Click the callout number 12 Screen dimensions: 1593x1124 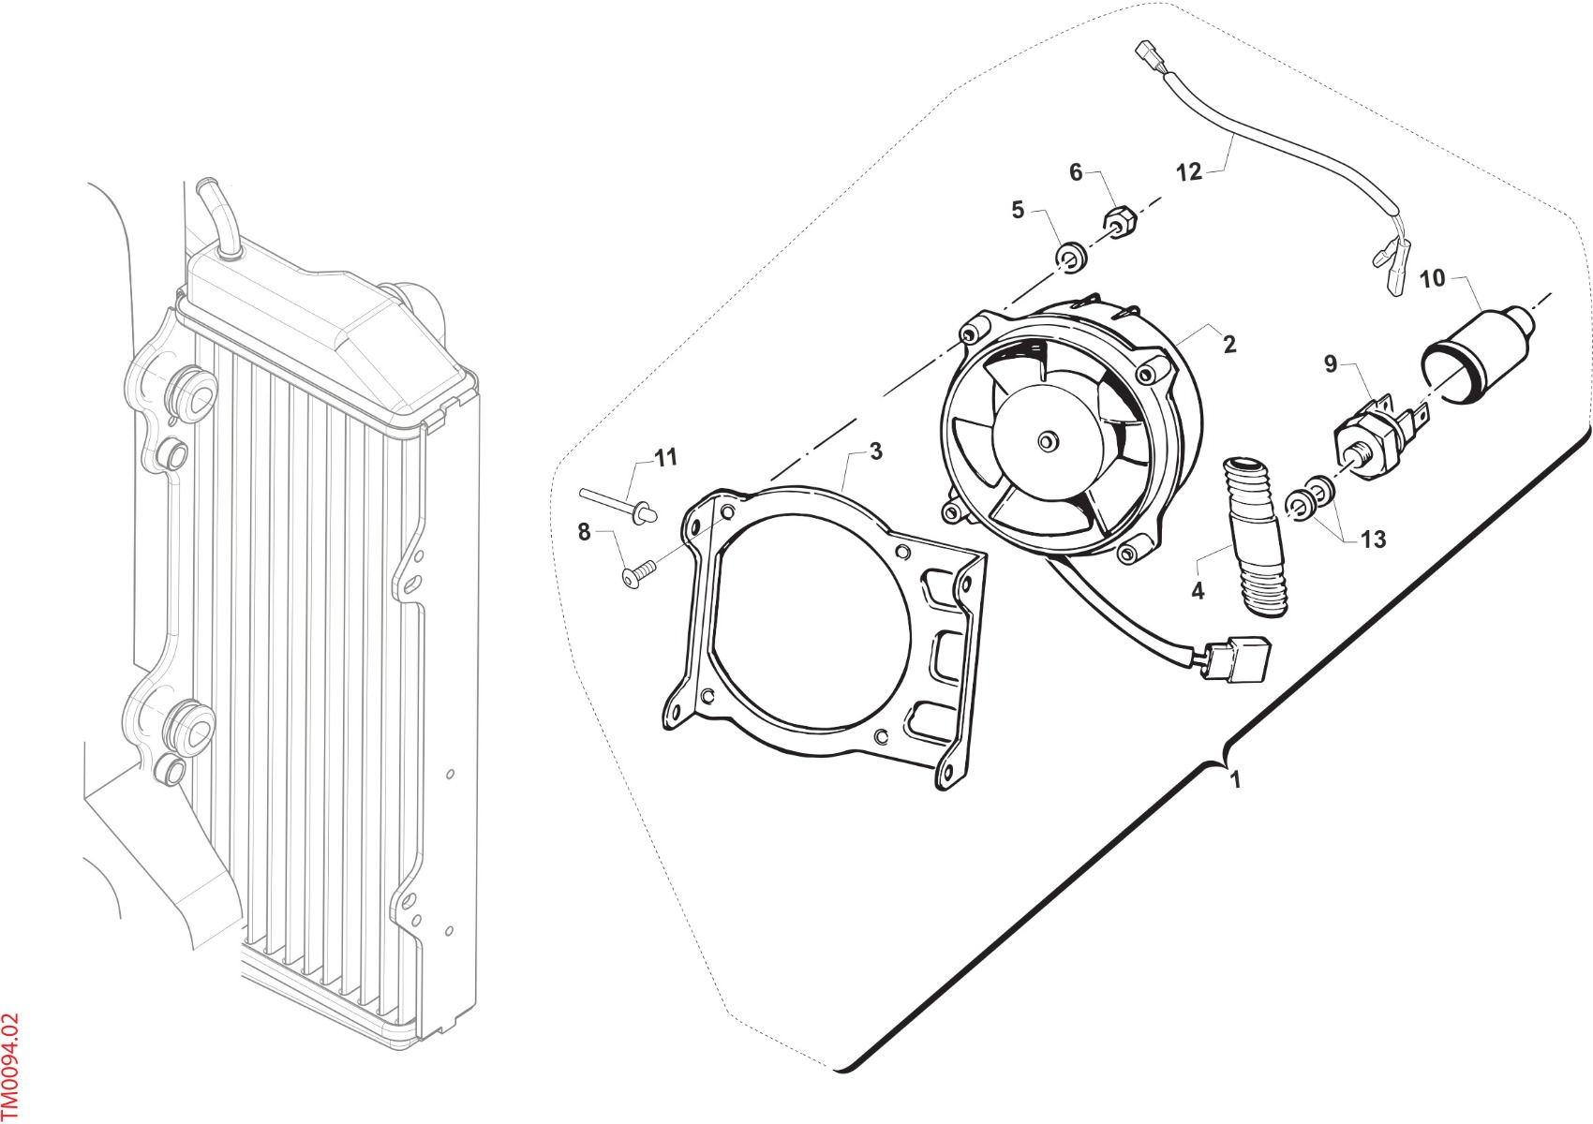coord(1189,172)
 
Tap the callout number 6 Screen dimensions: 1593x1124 coord(1076,172)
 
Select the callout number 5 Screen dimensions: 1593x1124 coord(1018,210)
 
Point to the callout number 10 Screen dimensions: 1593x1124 coord(1432,279)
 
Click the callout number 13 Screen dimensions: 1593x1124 coord(1373,540)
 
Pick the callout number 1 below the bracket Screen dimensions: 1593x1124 coord(1236,780)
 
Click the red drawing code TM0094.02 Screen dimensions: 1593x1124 coord(10,1067)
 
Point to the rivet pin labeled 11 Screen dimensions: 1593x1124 coord(618,503)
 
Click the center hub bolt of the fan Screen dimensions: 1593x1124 coord(1045,441)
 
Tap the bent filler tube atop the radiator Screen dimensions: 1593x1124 coord(217,216)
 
